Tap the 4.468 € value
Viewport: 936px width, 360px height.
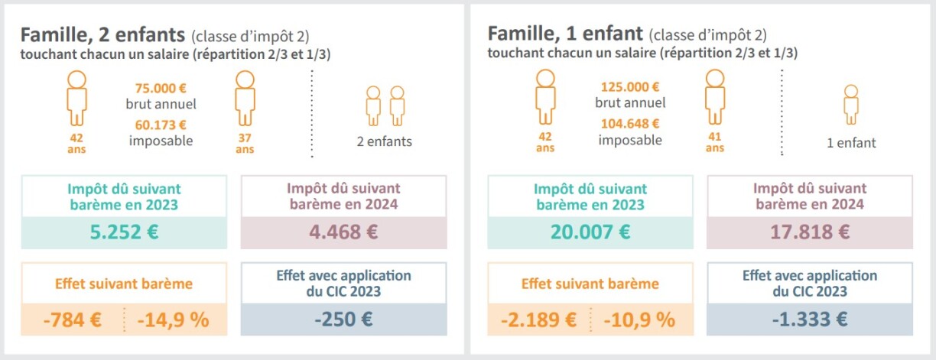(x=343, y=232)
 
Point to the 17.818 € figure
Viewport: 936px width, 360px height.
(x=810, y=232)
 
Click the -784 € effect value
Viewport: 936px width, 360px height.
(x=73, y=319)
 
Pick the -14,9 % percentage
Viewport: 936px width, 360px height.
(x=173, y=319)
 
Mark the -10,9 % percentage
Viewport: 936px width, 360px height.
(x=639, y=319)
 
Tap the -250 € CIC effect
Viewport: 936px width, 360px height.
(x=343, y=319)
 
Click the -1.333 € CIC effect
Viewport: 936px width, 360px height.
(x=810, y=319)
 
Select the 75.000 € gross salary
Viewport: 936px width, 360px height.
(x=161, y=87)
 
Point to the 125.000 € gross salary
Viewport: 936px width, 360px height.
(x=630, y=87)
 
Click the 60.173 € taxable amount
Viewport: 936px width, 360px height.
(x=161, y=125)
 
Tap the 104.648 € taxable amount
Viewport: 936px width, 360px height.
(x=630, y=125)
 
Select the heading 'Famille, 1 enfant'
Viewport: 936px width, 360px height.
(x=565, y=34)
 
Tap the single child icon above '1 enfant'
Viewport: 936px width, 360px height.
(x=851, y=105)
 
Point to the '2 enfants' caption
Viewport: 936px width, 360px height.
(x=384, y=141)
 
